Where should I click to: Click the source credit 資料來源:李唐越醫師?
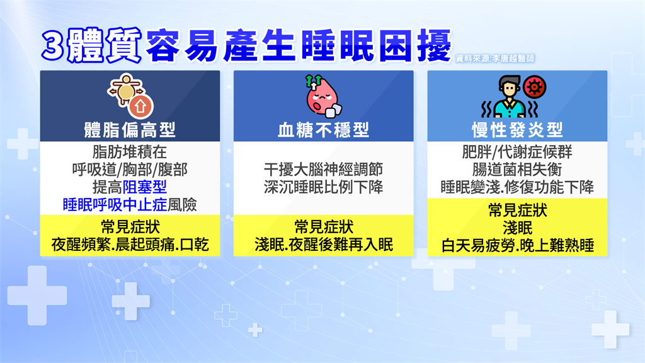(x=495, y=59)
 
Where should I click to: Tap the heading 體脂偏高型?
(x=130, y=130)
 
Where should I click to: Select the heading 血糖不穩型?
(x=323, y=130)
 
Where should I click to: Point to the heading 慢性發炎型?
(x=517, y=130)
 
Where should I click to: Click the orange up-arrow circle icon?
(x=140, y=106)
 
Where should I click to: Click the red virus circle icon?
(x=534, y=87)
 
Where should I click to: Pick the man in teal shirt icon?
(x=509, y=97)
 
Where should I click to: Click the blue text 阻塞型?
(x=145, y=187)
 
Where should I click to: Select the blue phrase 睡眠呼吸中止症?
(x=115, y=205)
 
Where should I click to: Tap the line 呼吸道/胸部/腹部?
(x=130, y=170)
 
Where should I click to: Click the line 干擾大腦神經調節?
(x=323, y=170)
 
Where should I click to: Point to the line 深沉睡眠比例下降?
(x=323, y=187)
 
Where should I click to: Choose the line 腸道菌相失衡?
(x=517, y=170)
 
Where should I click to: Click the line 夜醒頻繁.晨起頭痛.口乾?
(x=130, y=245)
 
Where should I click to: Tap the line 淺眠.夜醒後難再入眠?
(x=323, y=245)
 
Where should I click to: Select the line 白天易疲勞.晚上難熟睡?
(x=518, y=246)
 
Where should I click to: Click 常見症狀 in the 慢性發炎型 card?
(x=518, y=210)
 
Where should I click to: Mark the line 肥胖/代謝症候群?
(x=517, y=152)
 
